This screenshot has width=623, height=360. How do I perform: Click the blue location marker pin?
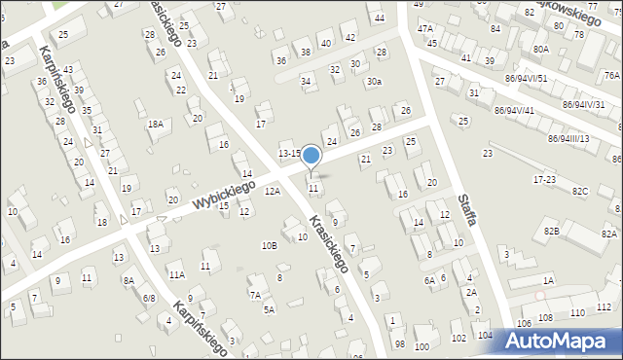pyautogui.click(x=311, y=157)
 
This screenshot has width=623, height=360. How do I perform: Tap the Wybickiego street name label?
pyautogui.click(x=223, y=193)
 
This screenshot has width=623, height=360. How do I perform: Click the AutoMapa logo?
pyautogui.click(x=562, y=341)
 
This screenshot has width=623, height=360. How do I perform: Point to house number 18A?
pyautogui.click(x=155, y=124)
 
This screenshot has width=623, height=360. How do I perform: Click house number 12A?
pyautogui.click(x=272, y=192)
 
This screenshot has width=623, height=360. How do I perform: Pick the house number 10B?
pyautogui.click(x=269, y=245)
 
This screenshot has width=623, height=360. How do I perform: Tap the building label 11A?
pyautogui.click(x=176, y=275)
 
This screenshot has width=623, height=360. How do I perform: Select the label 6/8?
pyautogui.click(x=149, y=298)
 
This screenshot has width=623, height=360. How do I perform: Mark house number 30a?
pyautogui.click(x=374, y=83)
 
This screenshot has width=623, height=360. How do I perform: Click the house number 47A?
pyautogui.click(x=425, y=29)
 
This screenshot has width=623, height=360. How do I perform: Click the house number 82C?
pyautogui.click(x=580, y=190)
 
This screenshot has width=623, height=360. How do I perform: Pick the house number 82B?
pyautogui.click(x=552, y=231)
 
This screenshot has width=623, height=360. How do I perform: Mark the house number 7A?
pyautogui.click(x=255, y=294)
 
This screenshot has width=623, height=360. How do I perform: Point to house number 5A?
pyautogui.click(x=270, y=309)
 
